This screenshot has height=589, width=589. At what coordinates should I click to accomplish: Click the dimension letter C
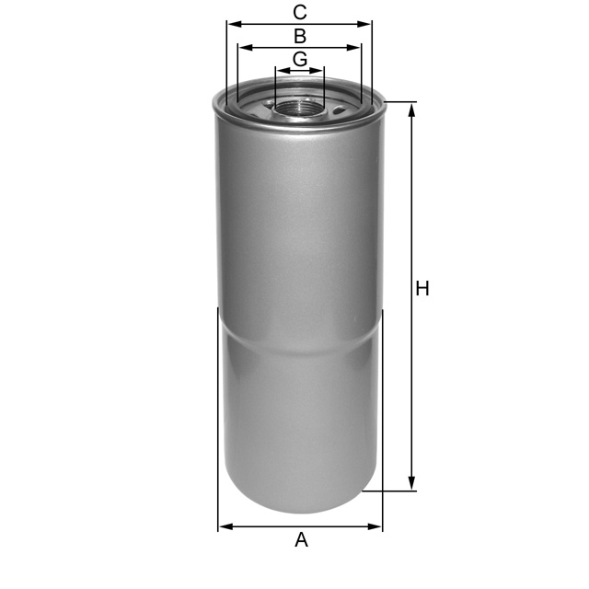tap(300, 12)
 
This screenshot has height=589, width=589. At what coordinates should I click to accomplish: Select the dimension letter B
tap(300, 36)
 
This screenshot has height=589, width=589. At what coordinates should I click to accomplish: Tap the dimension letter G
tap(300, 59)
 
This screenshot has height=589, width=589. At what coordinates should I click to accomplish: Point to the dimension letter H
tap(422, 289)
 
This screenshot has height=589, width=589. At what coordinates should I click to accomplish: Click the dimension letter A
tap(301, 540)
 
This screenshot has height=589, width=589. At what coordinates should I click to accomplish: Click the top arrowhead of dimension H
tap(412, 109)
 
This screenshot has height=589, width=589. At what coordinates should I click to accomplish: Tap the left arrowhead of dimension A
tap(224, 526)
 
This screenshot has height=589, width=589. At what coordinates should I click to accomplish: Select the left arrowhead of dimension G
tap(280, 70)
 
